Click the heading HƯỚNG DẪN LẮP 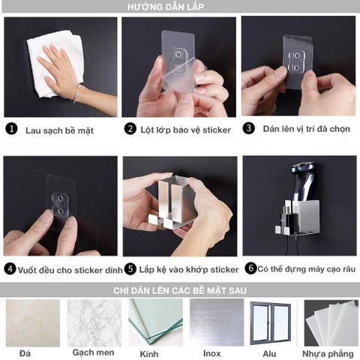pyautogui.click(x=179, y=6)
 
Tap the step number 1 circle pyautogui.click(x=11, y=128)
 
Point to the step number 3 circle pyautogui.click(x=248, y=128)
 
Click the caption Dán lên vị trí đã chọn pyautogui.click(x=306, y=128)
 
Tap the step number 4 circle pyautogui.click(x=10, y=268)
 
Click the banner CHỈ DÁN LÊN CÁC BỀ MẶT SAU pyautogui.click(x=180, y=290)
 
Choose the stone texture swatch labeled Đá pyautogui.click(x=32, y=322)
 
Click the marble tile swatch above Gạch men pyautogui.click(x=94, y=322)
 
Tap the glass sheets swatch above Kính pyautogui.click(x=154, y=322)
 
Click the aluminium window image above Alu pyautogui.click(x=271, y=322)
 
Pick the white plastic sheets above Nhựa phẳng pyautogui.click(x=331, y=322)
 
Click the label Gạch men pyautogui.click(x=93, y=352)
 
